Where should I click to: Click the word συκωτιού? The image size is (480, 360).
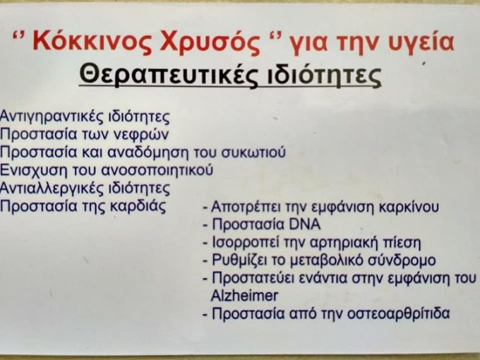tap(255, 152)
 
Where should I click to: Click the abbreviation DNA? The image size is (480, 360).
tap(305, 225)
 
